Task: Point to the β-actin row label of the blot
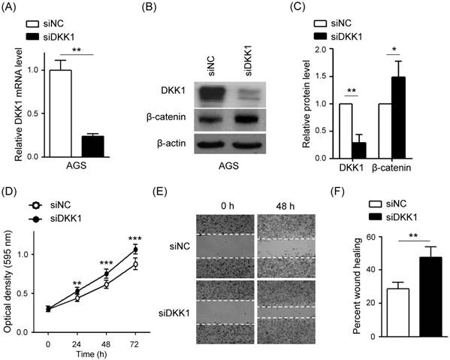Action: pos(174,141)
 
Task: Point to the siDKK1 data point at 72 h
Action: pos(136,250)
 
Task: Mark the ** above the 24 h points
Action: pos(77,283)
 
